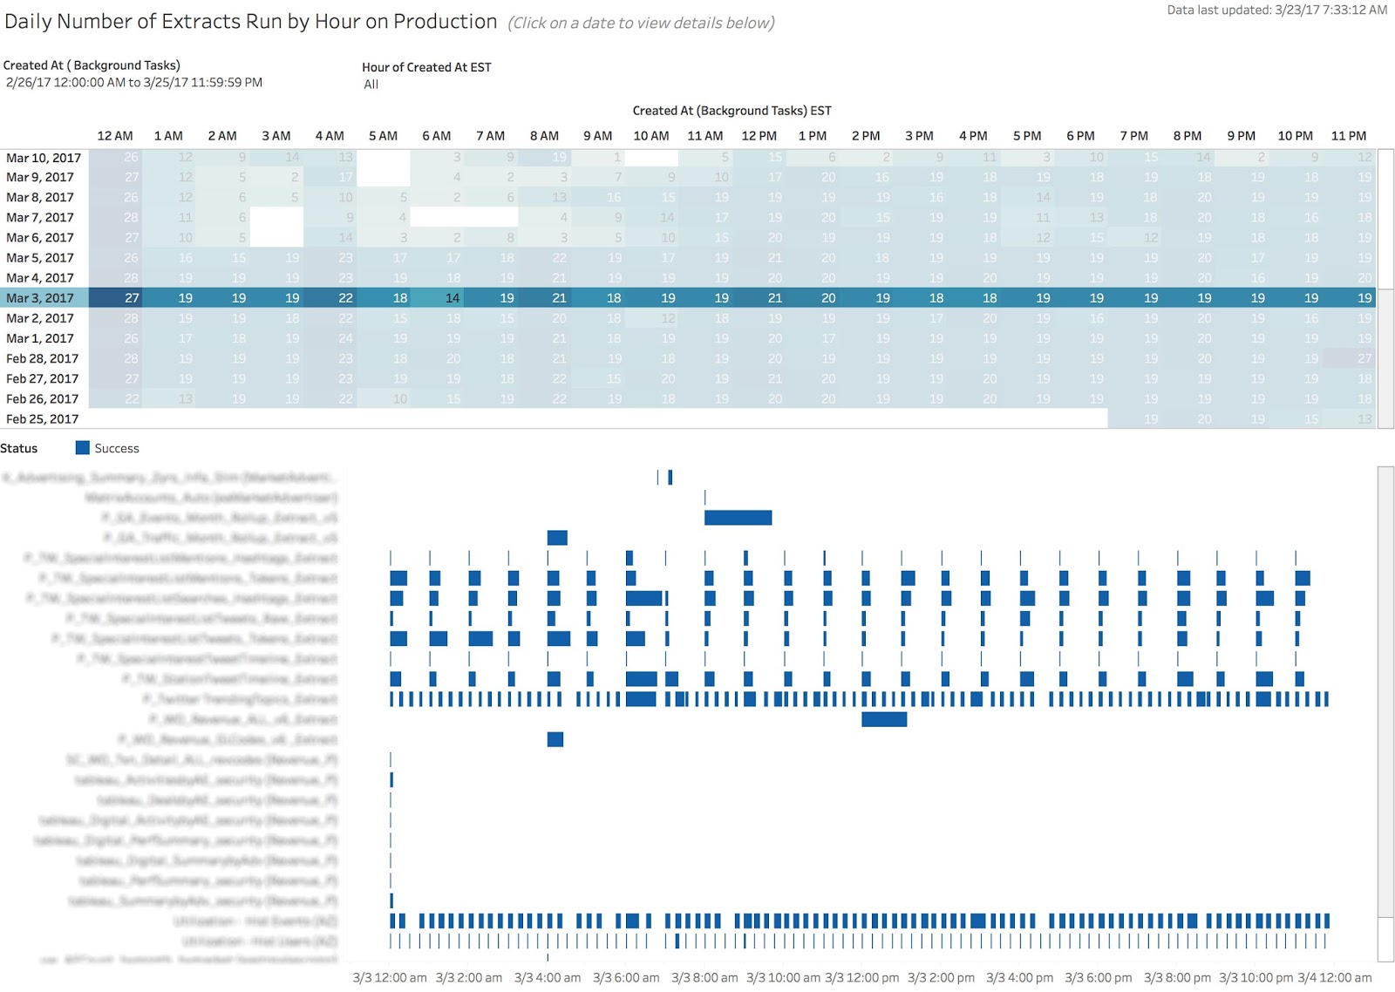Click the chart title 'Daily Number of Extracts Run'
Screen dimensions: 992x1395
pyautogui.click(x=250, y=22)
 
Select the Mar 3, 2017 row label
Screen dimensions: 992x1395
pyautogui.click(x=40, y=298)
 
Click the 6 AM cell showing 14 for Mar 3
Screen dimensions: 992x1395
pyautogui.click(x=453, y=298)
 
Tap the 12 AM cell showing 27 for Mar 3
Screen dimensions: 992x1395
pyautogui.click(x=132, y=298)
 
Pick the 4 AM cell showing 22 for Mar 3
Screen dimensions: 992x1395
pyautogui.click(x=345, y=298)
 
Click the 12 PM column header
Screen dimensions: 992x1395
pyautogui.click(x=759, y=136)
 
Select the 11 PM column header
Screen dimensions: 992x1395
pyautogui.click(x=1348, y=136)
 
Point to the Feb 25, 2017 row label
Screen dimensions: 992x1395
pyautogui.click(x=42, y=419)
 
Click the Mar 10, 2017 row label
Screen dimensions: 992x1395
pyautogui.click(x=44, y=158)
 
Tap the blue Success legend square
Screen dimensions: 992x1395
pyautogui.click(x=83, y=448)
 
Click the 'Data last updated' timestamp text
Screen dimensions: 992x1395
pyautogui.click(x=1276, y=10)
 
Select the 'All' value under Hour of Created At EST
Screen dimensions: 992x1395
pyautogui.click(x=371, y=85)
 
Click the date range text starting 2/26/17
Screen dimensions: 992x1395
pyautogui.click(x=134, y=83)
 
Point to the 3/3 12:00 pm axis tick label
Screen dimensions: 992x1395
pyautogui.click(x=861, y=978)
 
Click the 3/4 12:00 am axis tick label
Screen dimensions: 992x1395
pyautogui.click(x=1334, y=978)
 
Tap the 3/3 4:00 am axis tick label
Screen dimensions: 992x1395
pyautogui.click(x=547, y=978)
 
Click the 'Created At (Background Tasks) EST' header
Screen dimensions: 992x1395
pyautogui.click(x=732, y=111)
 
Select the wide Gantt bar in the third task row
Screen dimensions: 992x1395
pyautogui.click(x=738, y=518)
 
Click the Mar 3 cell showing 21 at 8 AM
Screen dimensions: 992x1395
pyautogui.click(x=559, y=298)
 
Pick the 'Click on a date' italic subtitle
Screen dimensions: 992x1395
pyautogui.click(x=641, y=24)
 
